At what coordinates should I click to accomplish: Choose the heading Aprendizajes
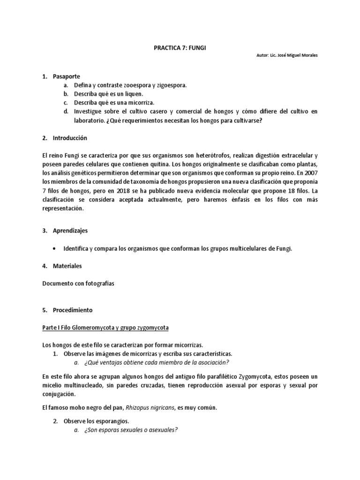pos(71,231)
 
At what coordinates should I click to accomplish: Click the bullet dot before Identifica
pos(56,249)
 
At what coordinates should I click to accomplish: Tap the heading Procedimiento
pos(73,310)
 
